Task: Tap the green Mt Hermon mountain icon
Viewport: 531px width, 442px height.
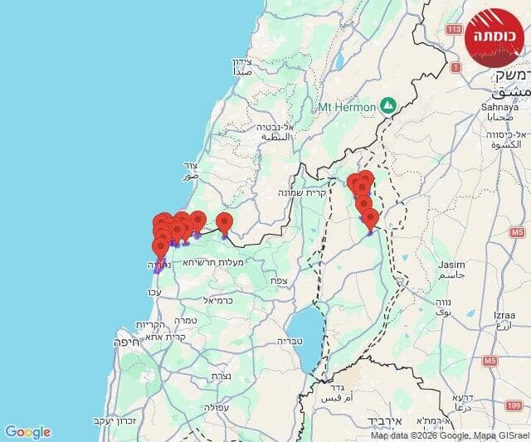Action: (x=387, y=106)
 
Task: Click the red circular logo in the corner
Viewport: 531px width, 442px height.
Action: (x=494, y=37)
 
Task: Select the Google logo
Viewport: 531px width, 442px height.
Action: (x=27, y=432)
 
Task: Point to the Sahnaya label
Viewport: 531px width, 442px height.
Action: (x=499, y=107)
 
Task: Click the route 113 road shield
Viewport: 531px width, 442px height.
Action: (x=453, y=30)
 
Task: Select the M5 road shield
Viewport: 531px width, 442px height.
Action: (x=490, y=361)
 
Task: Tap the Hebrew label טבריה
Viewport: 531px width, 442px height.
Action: (x=290, y=341)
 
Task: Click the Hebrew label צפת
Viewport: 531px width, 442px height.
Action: (x=278, y=280)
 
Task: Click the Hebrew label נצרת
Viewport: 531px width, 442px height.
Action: (x=221, y=376)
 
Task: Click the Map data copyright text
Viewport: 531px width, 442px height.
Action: (x=448, y=435)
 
